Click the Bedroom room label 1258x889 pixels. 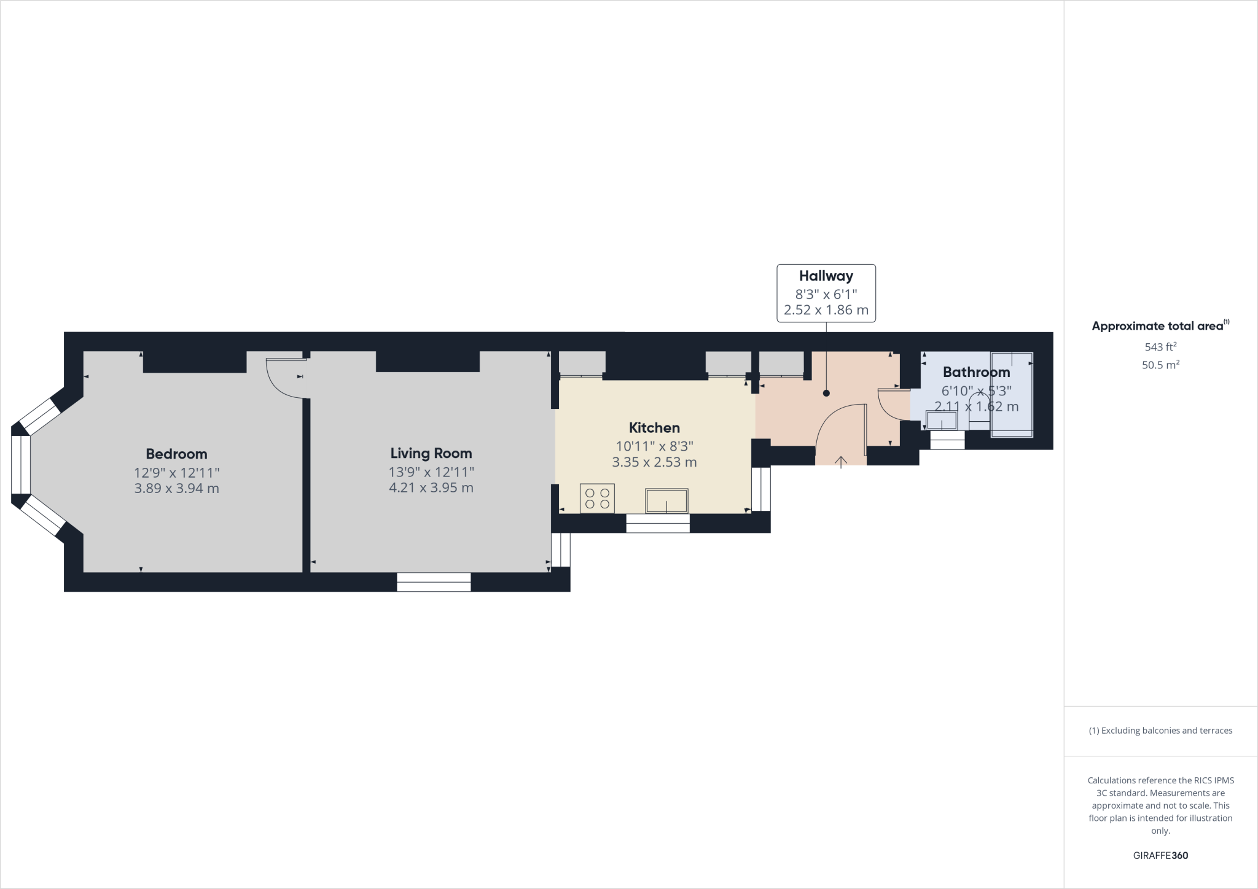click(176, 454)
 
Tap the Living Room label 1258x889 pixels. click(431, 454)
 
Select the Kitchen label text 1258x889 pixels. click(654, 428)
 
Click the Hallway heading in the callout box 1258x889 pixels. click(826, 276)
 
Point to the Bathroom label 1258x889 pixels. click(976, 372)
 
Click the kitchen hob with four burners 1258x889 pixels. click(597, 498)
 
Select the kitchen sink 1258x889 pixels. click(666, 500)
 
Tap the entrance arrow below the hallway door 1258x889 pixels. click(840, 462)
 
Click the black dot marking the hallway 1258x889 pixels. click(826, 393)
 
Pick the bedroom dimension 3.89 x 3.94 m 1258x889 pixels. click(176, 489)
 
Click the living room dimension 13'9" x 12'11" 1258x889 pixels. click(431, 472)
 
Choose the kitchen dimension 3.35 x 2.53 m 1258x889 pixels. click(654, 462)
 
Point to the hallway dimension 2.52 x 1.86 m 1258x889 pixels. click(826, 310)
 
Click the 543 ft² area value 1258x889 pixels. click(1160, 346)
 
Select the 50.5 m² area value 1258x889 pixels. click(1160, 365)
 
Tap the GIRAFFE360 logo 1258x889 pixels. click(1160, 855)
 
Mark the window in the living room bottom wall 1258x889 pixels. click(434, 582)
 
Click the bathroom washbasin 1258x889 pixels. click(942, 421)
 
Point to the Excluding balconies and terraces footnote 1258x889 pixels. click(1160, 731)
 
